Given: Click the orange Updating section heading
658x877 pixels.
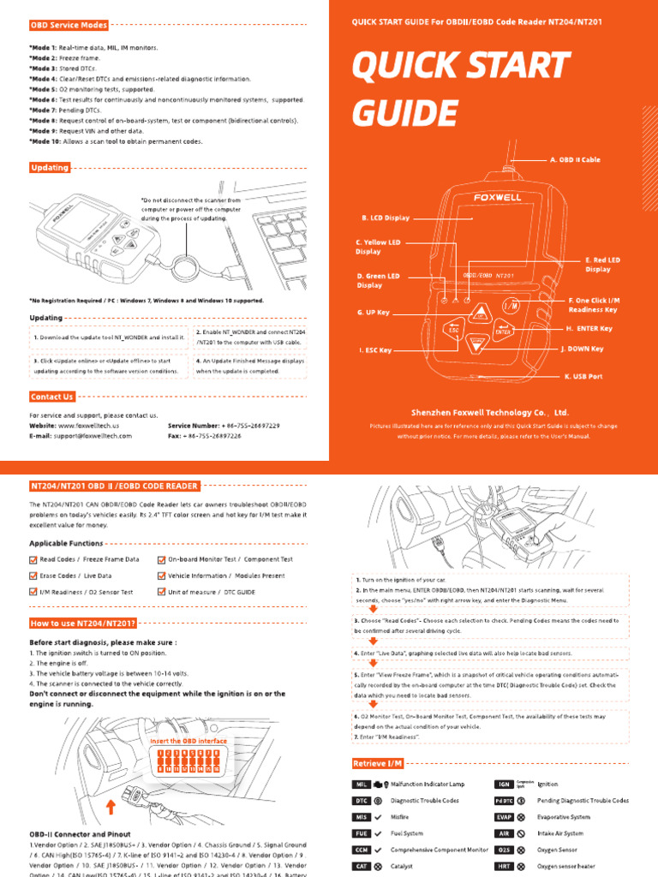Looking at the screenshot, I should click(50, 168).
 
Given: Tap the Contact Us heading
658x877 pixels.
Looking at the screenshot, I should click(52, 397).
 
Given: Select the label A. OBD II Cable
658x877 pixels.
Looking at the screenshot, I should click(575, 159).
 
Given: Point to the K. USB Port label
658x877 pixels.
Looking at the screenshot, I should click(583, 376).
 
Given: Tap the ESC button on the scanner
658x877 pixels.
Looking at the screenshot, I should click(453, 328).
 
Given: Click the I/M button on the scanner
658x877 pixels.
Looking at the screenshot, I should click(511, 305).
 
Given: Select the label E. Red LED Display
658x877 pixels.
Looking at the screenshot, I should click(602, 264).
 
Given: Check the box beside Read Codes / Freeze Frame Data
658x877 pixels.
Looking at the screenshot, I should click(33, 559).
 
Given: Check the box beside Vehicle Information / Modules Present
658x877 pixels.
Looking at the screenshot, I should click(162, 576).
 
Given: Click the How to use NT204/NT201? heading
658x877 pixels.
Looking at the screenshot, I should click(83, 623).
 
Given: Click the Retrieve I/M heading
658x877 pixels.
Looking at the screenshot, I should click(378, 763).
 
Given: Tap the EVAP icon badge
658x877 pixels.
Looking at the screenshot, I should click(503, 818).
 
